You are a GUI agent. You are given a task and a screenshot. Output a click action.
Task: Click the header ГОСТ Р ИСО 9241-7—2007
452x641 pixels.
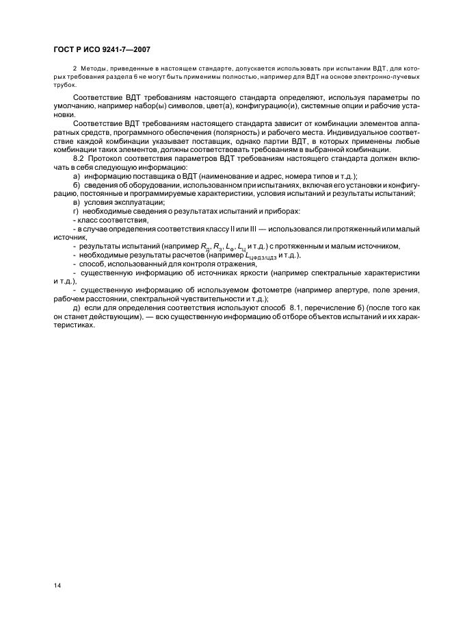coord(102,49)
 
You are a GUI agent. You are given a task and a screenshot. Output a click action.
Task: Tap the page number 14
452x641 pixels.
coord(57,586)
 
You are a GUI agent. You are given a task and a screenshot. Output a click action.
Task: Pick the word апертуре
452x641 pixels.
coord(354,290)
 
